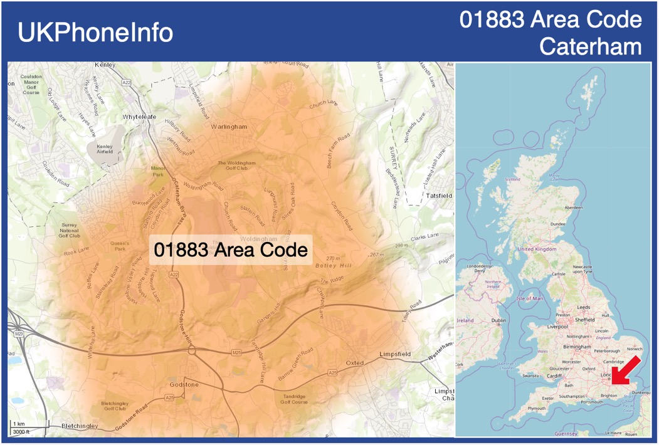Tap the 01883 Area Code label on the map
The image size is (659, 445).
(231, 250)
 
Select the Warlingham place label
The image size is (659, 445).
(229, 127)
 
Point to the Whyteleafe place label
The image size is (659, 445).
(139, 117)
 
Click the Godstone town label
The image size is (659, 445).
(184, 384)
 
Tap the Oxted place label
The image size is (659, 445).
(355, 363)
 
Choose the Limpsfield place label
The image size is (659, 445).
(395, 355)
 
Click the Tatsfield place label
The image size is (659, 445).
(439, 196)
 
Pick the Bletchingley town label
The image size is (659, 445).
(80, 426)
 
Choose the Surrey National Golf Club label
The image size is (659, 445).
(70, 230)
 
